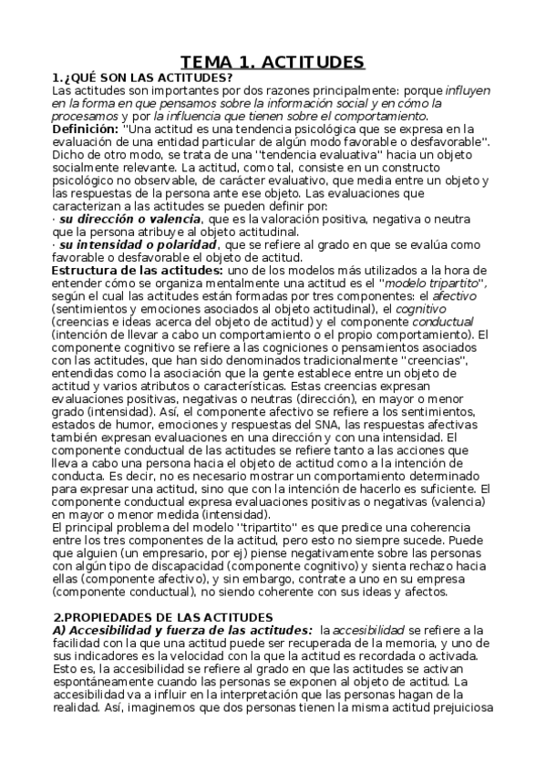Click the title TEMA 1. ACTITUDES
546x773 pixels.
[x=273, y=62]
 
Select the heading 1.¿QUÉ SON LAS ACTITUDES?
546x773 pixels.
[x=143, y=77]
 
